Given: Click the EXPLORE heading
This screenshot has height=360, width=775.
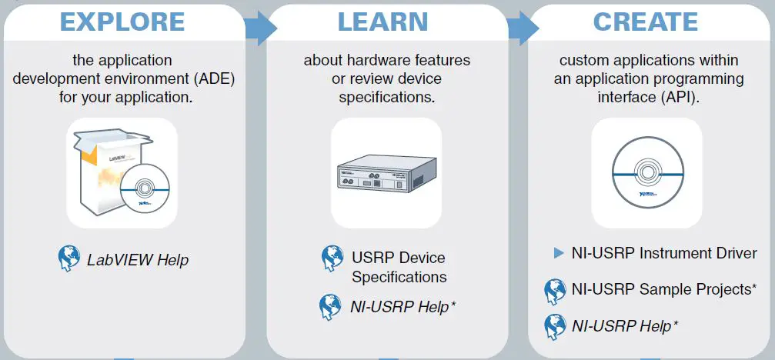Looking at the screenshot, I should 124,22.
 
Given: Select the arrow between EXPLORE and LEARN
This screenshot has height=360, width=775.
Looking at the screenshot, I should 260,29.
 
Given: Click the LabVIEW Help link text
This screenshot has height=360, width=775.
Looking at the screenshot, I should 137,259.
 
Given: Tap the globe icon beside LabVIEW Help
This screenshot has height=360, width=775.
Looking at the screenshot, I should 70,258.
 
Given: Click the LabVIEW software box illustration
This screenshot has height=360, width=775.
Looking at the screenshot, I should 100,169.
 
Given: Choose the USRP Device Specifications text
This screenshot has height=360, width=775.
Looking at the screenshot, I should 399,267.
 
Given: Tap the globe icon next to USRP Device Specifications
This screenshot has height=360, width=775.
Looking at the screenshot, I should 332,258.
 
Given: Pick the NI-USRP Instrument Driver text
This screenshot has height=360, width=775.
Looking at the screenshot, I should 664,253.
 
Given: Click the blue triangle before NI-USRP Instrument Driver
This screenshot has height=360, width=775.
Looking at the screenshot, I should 560,253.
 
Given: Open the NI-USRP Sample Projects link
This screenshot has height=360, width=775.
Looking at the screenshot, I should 664,289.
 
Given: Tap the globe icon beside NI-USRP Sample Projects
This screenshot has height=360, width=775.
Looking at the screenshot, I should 555,291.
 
